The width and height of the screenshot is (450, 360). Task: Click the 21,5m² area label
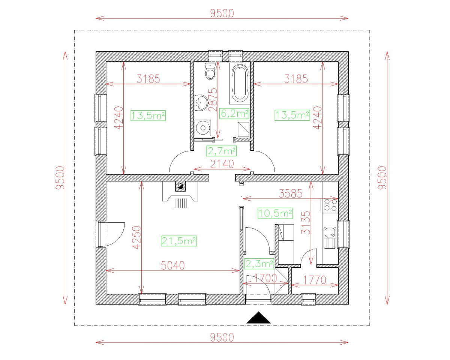coord(179,241)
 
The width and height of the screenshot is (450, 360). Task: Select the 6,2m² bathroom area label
coord(234,112)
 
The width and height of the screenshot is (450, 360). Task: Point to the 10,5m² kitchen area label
coord(276,213)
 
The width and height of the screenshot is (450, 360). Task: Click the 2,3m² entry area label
coord(259,263)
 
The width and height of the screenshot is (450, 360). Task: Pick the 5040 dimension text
coord(173,265)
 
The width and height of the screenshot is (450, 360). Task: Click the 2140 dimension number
coord(222,164)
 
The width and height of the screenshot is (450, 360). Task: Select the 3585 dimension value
coord(291,193)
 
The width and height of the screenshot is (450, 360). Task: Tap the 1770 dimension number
coord(315,279)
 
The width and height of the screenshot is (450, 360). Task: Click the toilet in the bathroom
coord(210,71)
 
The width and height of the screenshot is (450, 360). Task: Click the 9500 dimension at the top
coord(222,13)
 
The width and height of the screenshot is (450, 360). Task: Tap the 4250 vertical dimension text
coord(136,237)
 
